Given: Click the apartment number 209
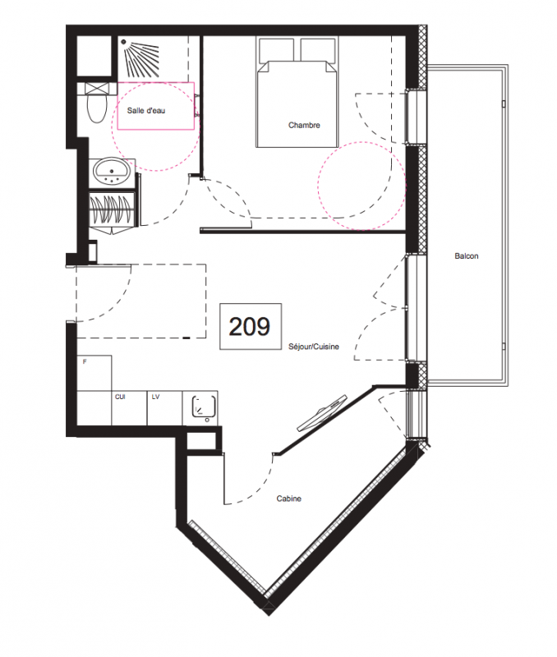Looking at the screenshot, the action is (250, 326).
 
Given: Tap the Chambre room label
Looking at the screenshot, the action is (304, 125).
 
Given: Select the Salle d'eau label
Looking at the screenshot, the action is (146, 111).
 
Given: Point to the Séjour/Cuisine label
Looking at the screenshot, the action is (314, 347).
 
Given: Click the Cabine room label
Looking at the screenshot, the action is (288, 498).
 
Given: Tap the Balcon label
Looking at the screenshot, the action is (467, 256).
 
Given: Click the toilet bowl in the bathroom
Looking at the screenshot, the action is (97, 108).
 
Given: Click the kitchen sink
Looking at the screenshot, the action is (204, 407).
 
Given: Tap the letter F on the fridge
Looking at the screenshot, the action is (85, 361).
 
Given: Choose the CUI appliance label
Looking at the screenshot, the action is (120, 397).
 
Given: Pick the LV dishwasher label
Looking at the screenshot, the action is (155, 397).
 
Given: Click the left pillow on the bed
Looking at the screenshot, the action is (277, 50).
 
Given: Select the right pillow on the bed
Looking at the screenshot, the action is (318, 50).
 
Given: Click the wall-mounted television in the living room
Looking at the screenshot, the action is (322, 413).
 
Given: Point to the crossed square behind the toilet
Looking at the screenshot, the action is (97, 89).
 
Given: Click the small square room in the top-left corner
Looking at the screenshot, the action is (94, 56).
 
